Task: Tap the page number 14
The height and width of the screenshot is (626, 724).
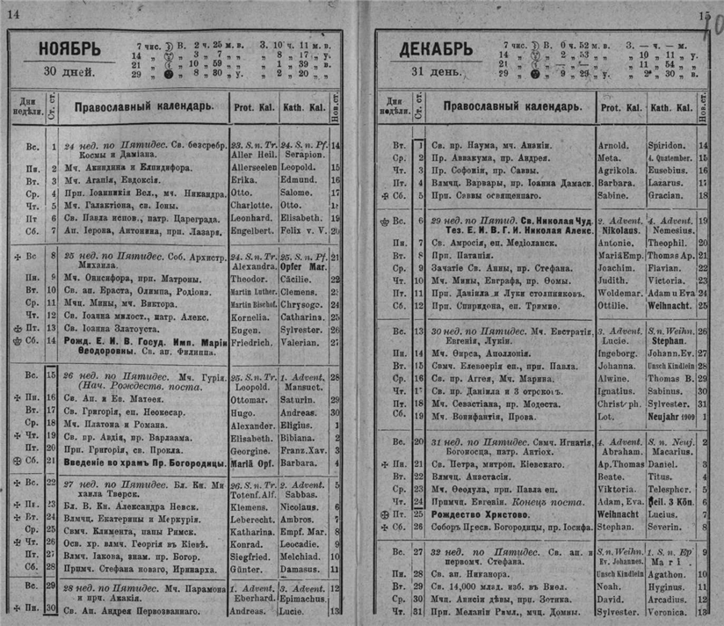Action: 14,12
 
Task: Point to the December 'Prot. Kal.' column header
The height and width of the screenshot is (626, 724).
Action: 621,107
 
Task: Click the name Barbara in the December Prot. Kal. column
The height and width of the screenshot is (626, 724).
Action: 616,186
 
